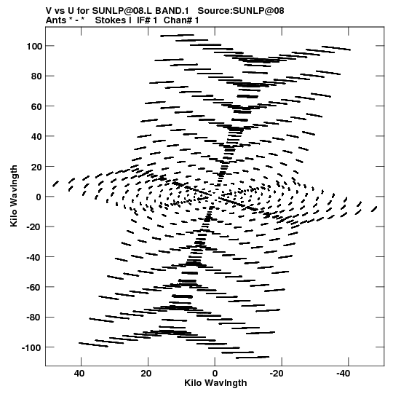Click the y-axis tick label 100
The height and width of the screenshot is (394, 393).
point(35,46)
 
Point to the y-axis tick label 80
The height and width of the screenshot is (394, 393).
point(37,76)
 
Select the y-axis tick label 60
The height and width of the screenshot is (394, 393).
point(37,106)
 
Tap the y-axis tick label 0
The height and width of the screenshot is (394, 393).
point(39,197)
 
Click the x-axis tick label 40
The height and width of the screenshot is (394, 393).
point(79,374)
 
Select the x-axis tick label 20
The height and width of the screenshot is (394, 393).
point(146,374)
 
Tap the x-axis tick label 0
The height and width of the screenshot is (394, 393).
point(215,374)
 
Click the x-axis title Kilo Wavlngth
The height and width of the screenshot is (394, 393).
point(215,383)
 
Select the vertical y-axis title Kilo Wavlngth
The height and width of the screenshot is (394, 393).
point(14,196)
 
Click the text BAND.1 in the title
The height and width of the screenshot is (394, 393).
point(172,11)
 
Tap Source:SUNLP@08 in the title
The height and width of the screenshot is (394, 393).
point(241,11)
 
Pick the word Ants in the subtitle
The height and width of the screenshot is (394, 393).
point(56,20)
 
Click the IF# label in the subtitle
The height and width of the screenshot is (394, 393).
point(144,20)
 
